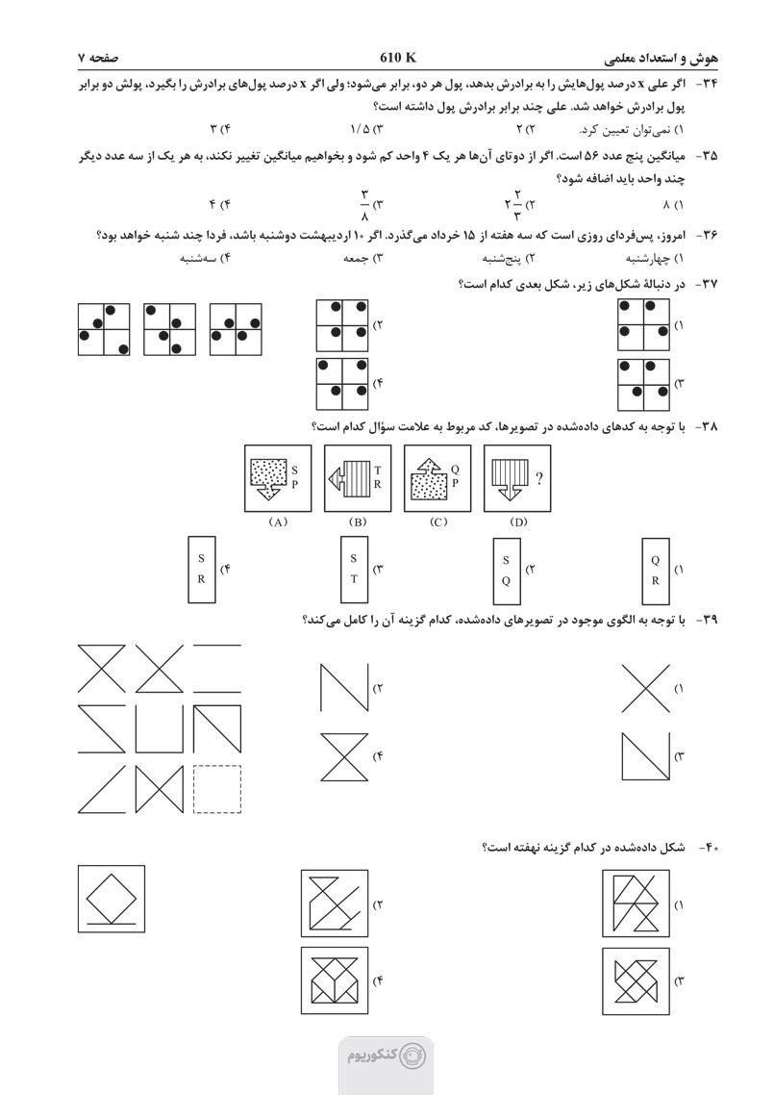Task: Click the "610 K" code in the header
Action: (398, 56)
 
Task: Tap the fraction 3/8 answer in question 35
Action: (365, 203)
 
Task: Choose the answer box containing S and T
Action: (354, 569)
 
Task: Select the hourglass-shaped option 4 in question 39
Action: (344, 756)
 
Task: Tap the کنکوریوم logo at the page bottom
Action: (386, 1055)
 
